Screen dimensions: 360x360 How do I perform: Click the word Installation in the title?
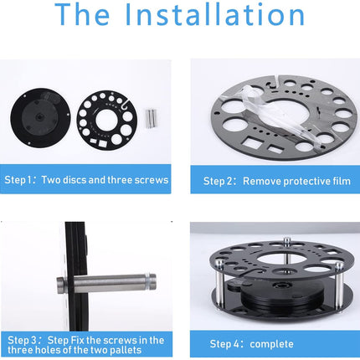(214, 14)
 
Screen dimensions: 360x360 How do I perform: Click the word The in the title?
(82, 14)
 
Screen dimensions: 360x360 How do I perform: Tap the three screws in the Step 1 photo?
(152, 119)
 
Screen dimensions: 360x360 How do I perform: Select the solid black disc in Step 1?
(40, 118)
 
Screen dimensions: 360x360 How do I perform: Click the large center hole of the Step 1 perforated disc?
(106, 121)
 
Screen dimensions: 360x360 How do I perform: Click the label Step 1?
(18, 180)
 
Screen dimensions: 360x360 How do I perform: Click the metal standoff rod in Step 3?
(106, 284)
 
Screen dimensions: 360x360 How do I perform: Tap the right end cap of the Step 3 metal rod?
(151, 282)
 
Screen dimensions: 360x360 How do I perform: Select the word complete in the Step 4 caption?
(271, 344)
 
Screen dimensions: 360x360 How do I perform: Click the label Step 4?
(224, 344)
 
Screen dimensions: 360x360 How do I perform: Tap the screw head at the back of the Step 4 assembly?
(286, 240)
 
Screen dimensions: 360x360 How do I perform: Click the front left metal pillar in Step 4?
(220, 283)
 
